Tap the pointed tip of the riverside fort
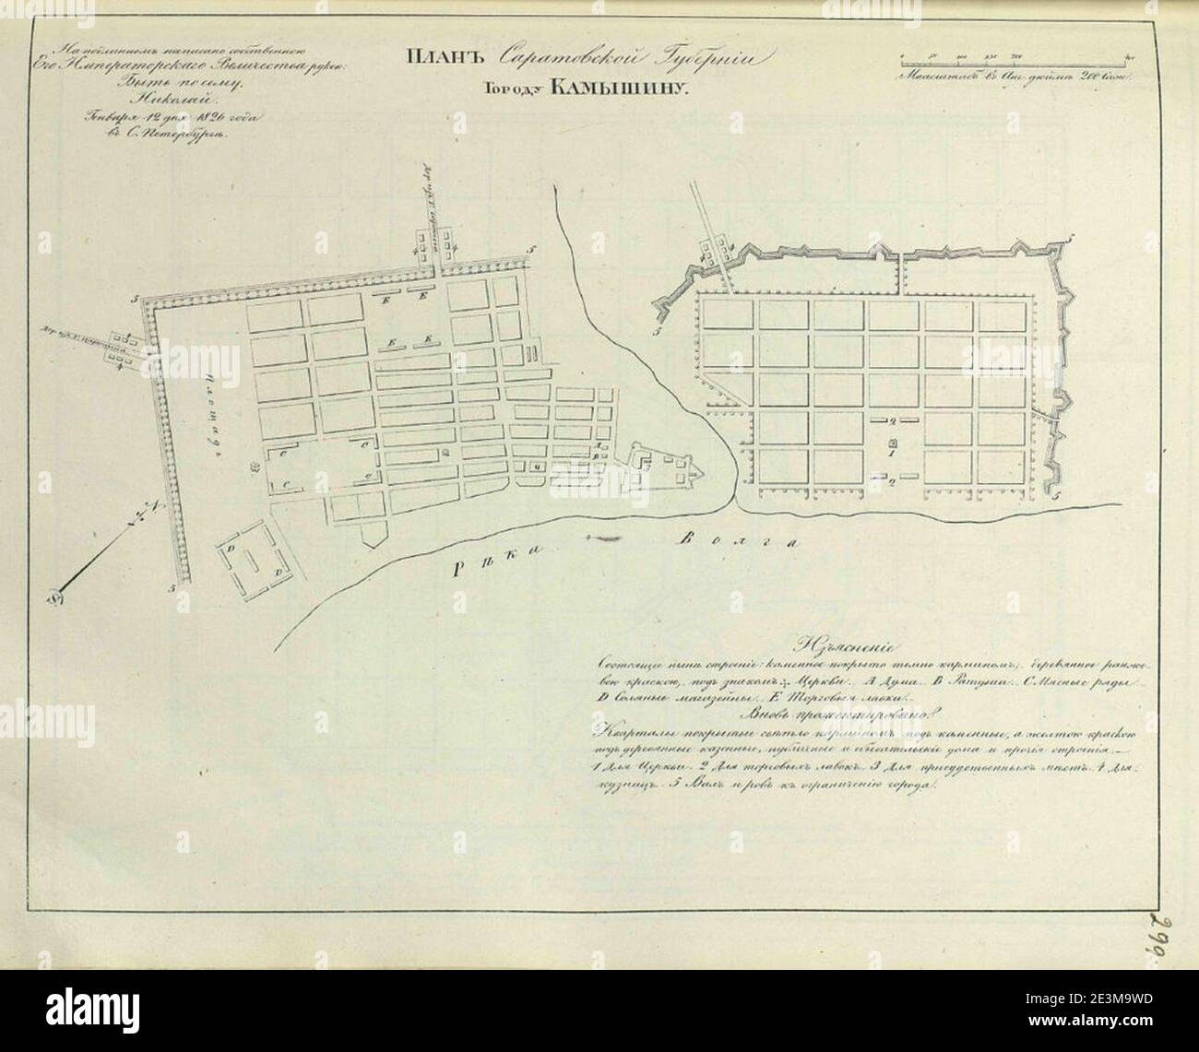pyautogui.click(x=705, y=474)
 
